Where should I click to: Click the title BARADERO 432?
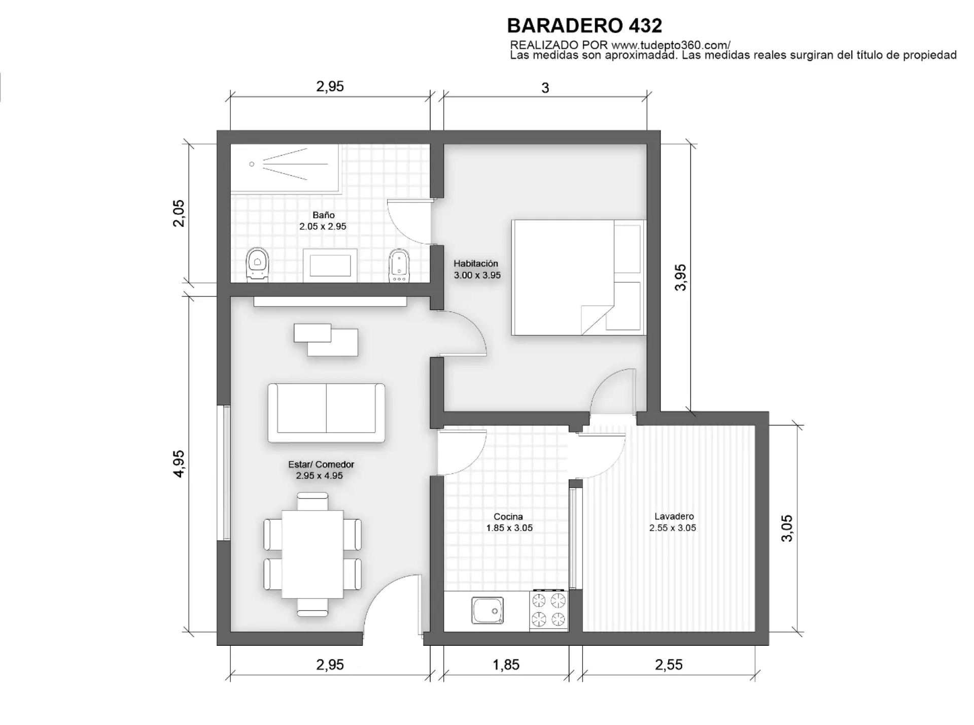pos(584,25)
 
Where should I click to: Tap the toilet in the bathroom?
pos(258,265)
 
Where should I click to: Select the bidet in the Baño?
pos(399,266)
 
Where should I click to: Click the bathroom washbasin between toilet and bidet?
pos(330,266)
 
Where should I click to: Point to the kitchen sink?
pos(488,610)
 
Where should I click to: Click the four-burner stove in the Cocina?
pos(548,610)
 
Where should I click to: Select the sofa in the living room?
pos(326,413)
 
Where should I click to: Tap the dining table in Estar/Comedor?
pos(312,554)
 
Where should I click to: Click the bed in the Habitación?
pos(578,277)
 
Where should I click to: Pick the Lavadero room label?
pos(673,522)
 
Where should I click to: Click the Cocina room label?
pos(509,522)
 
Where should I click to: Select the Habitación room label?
pos(477,269)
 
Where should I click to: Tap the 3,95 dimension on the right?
pos(680,277)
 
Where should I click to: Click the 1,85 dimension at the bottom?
pos(506,665)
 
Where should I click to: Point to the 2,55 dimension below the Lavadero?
pos(669,665)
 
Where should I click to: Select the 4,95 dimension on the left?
pos(179,464)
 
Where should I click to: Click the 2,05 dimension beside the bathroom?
pos(179,213)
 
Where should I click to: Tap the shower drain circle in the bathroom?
pos(252,164)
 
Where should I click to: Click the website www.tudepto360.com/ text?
pos(671,45)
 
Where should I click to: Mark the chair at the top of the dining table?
pos(312,502)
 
